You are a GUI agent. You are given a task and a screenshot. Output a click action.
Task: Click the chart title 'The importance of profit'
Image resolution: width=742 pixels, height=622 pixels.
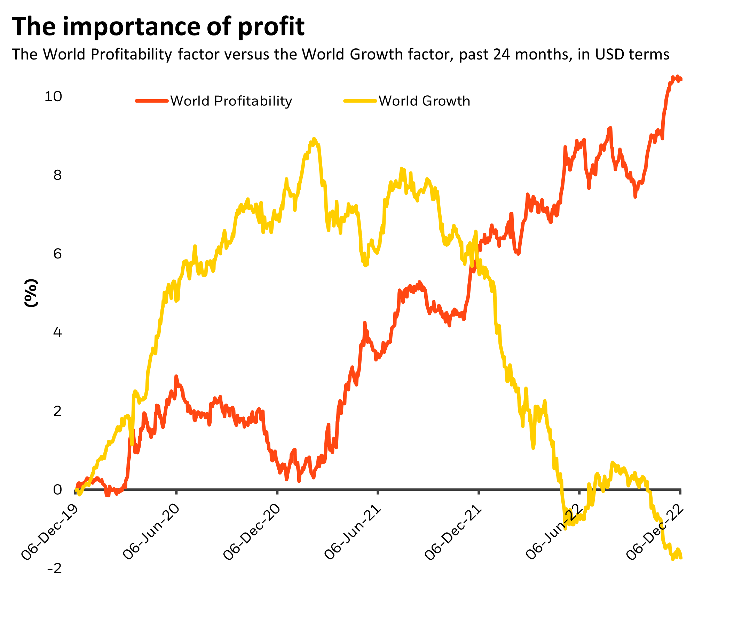(x=158, y=26)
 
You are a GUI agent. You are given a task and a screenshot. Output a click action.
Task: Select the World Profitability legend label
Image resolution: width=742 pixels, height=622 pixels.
(x=231, y=101)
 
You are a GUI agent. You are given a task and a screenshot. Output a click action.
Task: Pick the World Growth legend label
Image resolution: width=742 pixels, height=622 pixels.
(x=424, y=101)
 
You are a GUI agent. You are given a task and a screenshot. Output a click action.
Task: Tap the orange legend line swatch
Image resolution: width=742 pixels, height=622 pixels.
(x=152, y=101)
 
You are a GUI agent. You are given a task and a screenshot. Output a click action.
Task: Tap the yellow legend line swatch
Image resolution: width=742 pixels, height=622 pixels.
(x=360, y=101)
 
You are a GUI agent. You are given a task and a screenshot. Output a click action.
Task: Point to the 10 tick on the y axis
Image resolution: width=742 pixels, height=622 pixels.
(x=53, y=96)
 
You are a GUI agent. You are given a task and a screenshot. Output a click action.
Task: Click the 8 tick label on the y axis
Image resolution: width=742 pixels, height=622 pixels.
(x=57, y=175)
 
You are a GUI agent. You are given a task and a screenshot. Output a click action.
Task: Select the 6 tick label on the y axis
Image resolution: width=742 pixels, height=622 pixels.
(x=57, y=254)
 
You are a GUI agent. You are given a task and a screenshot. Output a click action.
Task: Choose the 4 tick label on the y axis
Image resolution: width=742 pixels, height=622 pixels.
(x=57, y=332)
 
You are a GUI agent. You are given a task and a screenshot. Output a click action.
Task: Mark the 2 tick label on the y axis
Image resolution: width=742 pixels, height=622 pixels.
(x=57, y=411)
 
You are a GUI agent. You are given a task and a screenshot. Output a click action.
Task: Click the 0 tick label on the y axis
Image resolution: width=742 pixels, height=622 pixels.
(x=57, y=490)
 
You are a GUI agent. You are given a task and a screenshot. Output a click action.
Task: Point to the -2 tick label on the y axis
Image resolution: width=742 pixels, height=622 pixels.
(x=55, y=568)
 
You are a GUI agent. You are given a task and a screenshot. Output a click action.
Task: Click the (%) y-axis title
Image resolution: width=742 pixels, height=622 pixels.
(x=31, y=293)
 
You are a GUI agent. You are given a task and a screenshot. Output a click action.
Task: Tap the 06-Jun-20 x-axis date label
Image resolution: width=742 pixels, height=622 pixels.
(x=151, y=533)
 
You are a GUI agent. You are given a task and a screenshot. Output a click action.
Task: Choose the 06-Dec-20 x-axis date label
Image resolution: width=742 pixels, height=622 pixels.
(x=252, y=533)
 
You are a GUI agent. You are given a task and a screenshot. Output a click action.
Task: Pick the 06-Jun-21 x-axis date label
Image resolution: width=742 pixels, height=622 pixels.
(x=353, y=533)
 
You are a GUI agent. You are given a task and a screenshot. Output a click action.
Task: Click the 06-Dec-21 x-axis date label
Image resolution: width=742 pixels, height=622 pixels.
(x=453, y=533)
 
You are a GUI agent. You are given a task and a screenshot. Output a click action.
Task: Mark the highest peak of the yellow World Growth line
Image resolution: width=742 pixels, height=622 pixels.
(x=314, y=139)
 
